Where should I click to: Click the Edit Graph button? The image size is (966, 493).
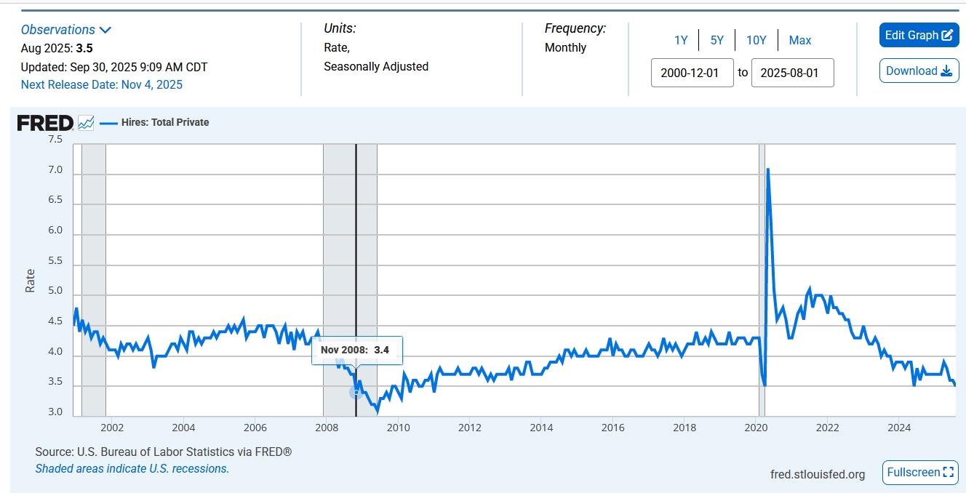coord(919,36)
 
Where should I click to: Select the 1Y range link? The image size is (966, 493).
coord(681,40)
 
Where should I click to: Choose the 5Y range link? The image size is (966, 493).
coord(717,40)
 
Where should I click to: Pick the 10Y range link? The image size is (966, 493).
coord(757,40)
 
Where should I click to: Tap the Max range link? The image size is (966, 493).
coord(800,40)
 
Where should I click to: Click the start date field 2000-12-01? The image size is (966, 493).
coord(692,73)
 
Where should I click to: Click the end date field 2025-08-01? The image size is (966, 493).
coord(792,73)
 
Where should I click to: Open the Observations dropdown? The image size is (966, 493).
coord(66,30)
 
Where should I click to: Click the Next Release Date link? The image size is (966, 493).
coord(102,84)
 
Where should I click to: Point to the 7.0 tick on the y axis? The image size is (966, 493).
coord(55,170)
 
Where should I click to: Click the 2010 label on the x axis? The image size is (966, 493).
coord(399,427)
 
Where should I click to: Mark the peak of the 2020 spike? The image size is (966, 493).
coord(767,169)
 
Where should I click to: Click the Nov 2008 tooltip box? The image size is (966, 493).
coord(356,350)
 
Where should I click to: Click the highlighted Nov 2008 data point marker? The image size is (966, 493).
coord(356,393)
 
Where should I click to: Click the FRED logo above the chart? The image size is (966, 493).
coord(45,123)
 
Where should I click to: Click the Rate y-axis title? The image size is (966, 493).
coord(31,281)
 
